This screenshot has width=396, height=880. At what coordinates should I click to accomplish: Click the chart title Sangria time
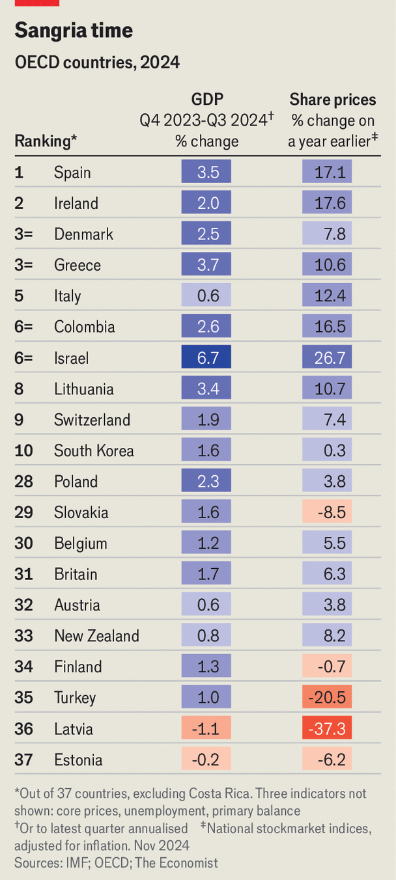pyautogui.click(x=74, y=31)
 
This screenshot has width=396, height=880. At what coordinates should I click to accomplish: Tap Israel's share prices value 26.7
pyautogui.click(x=327, y=358)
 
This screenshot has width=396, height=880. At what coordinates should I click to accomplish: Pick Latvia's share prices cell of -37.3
pyautogui.click(x=327, y=729)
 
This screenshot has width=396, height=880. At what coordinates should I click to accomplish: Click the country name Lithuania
pyautogui.click(x=83, y=389)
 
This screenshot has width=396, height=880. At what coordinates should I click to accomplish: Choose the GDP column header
pyautogui.click(x=207, y=100)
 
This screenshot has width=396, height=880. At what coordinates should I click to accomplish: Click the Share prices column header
pyautogui.click(x=333, y=100)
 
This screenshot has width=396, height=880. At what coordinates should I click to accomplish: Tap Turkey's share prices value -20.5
pyautogui.click(x=327, y=698)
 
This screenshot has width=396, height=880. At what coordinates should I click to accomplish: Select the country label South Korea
pyautogui.click(x=94, y=451)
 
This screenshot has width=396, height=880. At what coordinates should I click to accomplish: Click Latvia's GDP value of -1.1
pyautogui.click(x=206, y=729)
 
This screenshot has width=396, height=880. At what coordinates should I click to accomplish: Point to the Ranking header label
pyautogui.click(x=46, y=141)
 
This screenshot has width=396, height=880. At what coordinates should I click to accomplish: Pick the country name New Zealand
pyautogui.click(x=96, y=636)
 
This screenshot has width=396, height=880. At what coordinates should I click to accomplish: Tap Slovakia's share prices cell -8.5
pyautogui.click(x=327, y=512)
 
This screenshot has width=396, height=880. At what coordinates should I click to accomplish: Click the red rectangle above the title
pyautogui.click(x=37, y=3)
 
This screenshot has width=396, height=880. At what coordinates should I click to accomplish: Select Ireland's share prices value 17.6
pyautogui.click(x=327, y=203)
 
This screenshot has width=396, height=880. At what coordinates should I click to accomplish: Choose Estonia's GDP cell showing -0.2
pyautogui.click(x=206, y=760)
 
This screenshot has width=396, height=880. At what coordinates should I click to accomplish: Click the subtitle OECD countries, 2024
pyautogui.click(x=97, y=62)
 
